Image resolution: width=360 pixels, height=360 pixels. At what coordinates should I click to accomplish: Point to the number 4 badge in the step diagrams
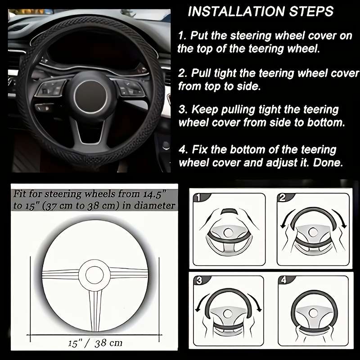pyautogui.click(x=282, y=281)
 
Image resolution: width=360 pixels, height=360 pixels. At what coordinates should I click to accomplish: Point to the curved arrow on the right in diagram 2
pyautogui.click(x=344, y=221)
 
